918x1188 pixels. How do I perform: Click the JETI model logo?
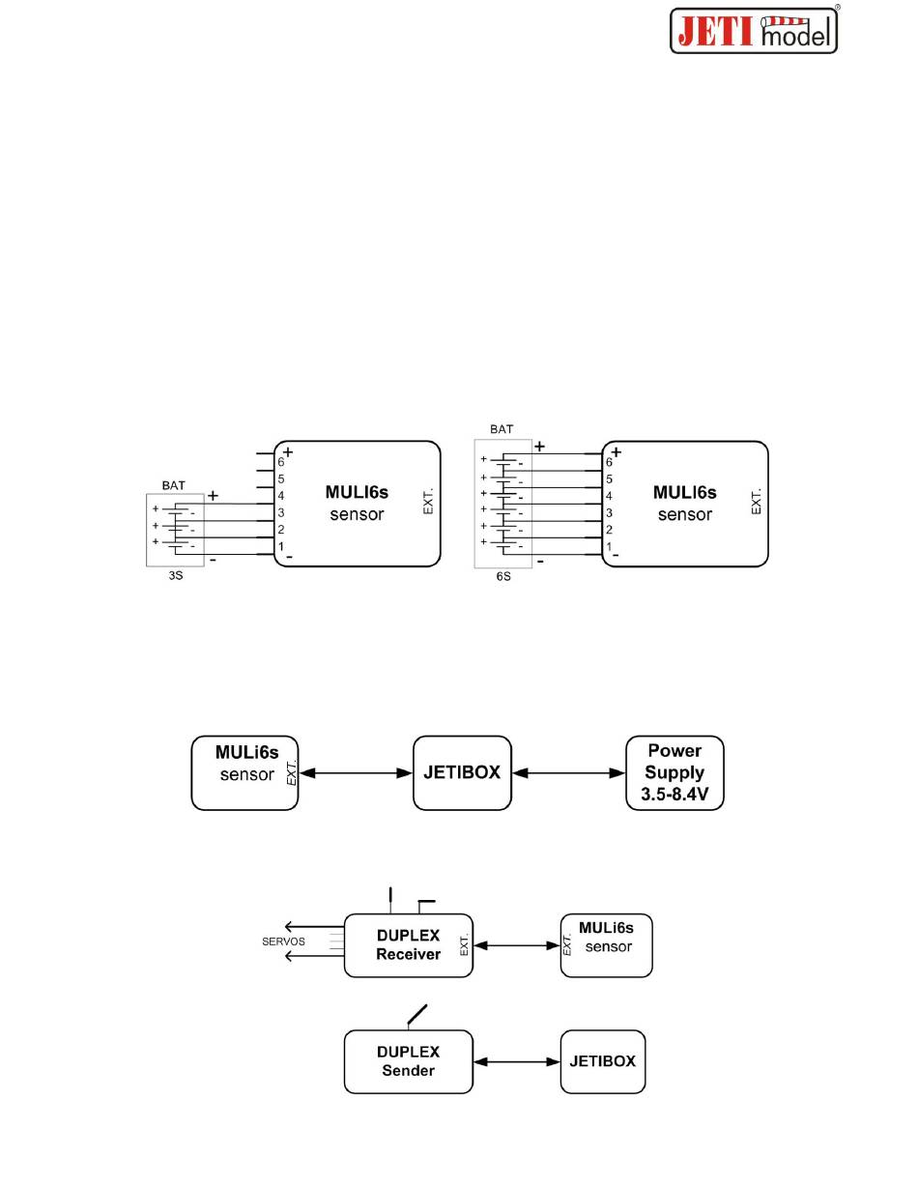754,30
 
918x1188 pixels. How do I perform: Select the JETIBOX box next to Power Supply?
462,773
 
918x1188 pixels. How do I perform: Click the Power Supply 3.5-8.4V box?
674,773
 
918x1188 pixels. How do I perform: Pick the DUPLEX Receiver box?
408,945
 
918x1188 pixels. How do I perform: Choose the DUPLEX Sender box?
408,1061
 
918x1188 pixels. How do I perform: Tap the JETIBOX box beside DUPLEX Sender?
602,1061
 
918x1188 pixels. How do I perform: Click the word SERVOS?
283,942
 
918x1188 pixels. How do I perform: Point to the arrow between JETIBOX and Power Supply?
568,773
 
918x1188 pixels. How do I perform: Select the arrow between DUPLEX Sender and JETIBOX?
517,1061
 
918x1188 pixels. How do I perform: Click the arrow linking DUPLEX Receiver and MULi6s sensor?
517,945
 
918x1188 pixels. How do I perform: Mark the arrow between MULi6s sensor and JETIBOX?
356,773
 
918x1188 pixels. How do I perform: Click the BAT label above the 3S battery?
174,485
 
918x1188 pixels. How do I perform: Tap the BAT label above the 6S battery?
502,428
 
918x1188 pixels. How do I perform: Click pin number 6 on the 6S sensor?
609,462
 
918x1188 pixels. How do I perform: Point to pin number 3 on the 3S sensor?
281,512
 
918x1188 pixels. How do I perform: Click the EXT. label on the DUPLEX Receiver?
464,945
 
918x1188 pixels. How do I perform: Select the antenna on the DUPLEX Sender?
417,1015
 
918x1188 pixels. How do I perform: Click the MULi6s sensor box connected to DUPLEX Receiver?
606,945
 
